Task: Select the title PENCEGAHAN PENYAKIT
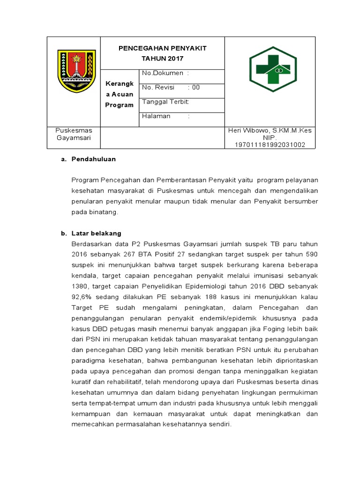(163, 49)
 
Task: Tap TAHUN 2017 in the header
(163, 59)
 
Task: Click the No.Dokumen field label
(162, 73)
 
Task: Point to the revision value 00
(196, 87)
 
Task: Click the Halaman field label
(156, 116)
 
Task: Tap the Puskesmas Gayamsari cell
(74, 134)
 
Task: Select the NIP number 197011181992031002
(270, 145)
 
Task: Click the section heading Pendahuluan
(93, 159)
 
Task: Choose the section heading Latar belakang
(96, 233)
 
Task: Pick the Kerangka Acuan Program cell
(119, 94)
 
